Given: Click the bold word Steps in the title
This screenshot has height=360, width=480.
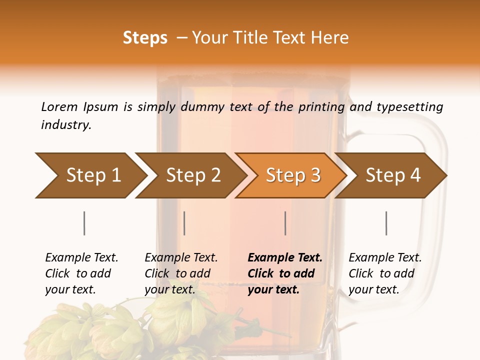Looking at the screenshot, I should [145, 38].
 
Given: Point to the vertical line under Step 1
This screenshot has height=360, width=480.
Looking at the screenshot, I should [84, 223].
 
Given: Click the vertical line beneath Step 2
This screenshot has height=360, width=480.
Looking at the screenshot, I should [184, 223].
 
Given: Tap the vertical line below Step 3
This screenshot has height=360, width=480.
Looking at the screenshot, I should [285, 223].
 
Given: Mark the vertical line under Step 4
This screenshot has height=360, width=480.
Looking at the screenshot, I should [386, 223].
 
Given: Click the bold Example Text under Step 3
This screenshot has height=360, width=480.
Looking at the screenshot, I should [285, 258].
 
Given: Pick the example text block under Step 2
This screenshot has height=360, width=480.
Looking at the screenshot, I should [180, 273].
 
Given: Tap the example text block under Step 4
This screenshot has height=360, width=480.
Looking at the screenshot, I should [384, 273].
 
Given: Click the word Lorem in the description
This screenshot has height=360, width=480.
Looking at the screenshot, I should [59, 107].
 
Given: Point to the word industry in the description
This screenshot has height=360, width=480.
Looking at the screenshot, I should [66, 125].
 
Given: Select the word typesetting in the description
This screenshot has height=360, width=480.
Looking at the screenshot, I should [409, 107].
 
